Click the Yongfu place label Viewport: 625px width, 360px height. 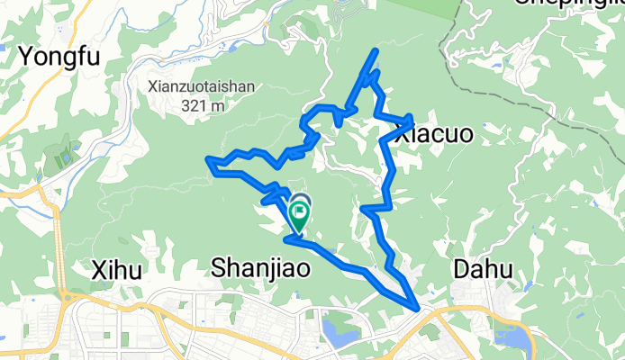coord(57,57)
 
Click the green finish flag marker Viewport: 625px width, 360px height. coord(298,214)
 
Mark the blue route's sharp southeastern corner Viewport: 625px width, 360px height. coord(417,308)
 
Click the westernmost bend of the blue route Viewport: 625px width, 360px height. coord(210,160)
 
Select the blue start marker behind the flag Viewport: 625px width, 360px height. coord(300,202)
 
